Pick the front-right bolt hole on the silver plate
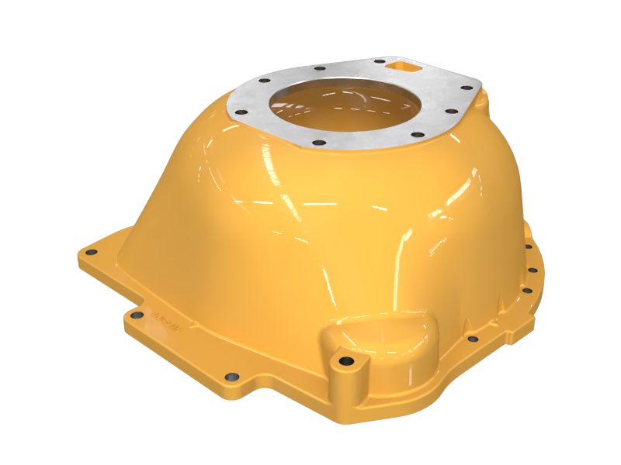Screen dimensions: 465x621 [418, 135]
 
